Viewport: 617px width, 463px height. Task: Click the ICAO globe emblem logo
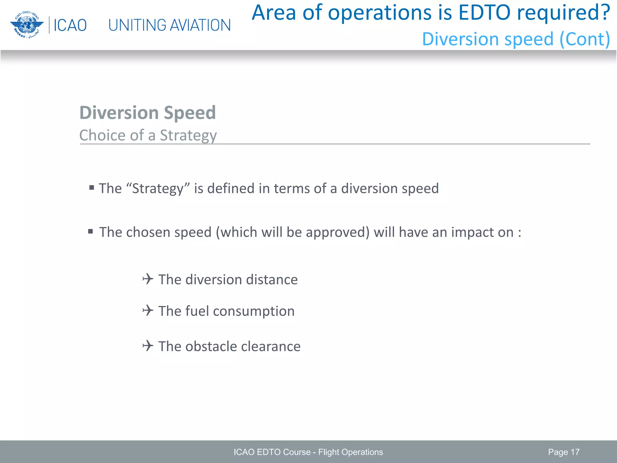[x=27, y=25]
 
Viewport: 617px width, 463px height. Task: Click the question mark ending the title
[x=605, y=13]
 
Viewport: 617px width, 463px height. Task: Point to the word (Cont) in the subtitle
[x=585, y=39]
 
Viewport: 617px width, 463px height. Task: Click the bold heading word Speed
[x=190, y=113]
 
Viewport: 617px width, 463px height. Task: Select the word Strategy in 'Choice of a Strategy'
[x=188, y=135]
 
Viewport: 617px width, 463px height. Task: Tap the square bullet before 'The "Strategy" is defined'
[x=92, y=188]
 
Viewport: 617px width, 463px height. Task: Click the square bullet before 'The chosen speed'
[x=90, y=231]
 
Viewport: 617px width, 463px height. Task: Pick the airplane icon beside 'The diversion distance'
[x=148, y=279]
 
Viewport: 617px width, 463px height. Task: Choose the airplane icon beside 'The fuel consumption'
[x=148, y=310]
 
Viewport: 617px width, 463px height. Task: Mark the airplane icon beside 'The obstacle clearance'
[x=148, y=345]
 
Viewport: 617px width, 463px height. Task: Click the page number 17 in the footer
[x=575, y=452]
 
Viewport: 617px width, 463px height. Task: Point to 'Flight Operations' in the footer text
[x=350, y=452]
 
